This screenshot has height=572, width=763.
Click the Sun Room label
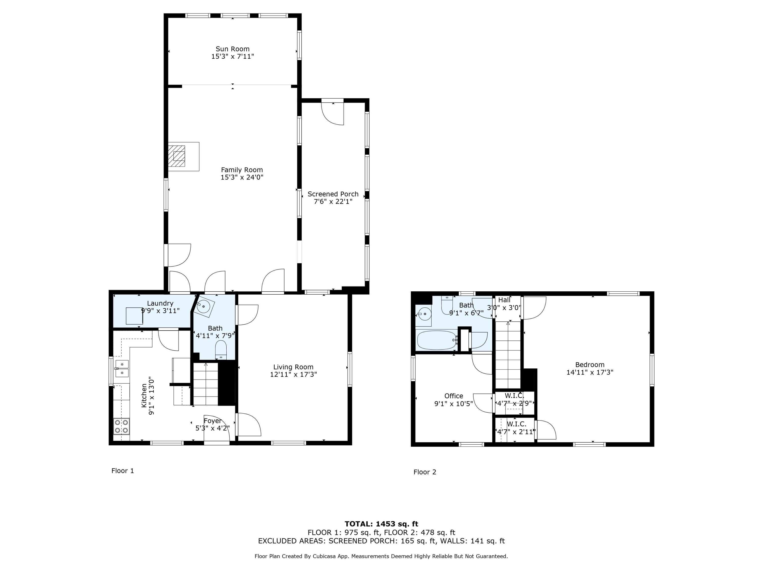point(232,49)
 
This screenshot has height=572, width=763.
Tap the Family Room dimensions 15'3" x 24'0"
point(242,177)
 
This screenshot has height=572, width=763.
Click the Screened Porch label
point(333,194)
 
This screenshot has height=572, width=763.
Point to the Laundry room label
point(160,303)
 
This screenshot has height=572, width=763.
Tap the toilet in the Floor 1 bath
point(221,350)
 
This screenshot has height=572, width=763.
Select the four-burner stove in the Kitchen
point(121,426)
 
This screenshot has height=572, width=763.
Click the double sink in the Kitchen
point(122,369)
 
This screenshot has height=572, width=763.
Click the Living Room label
point(293,367)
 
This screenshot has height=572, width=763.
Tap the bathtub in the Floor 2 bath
point(437,340)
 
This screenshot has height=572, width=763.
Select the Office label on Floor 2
point(453,396)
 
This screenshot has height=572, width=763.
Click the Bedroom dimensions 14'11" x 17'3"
point(590,372)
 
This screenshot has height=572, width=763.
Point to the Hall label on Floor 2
point(504,300)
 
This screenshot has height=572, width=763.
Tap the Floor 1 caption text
point(122,471)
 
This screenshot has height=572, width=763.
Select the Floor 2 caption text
point(425,472)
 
